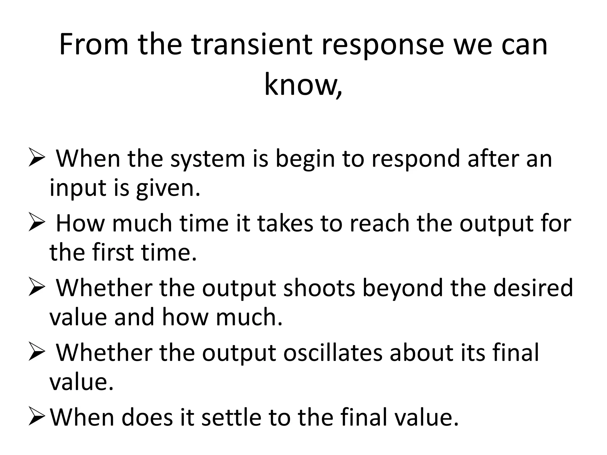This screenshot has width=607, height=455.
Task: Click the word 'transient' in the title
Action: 252,45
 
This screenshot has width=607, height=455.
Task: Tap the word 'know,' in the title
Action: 303,85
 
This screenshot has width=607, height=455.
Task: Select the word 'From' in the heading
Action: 94,45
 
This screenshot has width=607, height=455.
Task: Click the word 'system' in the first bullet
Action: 208,160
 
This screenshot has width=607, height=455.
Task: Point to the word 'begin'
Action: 305,160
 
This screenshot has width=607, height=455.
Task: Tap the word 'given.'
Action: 168,188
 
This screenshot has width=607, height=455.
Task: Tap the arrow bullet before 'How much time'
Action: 37,224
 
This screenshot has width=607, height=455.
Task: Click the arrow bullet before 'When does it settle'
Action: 37,418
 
